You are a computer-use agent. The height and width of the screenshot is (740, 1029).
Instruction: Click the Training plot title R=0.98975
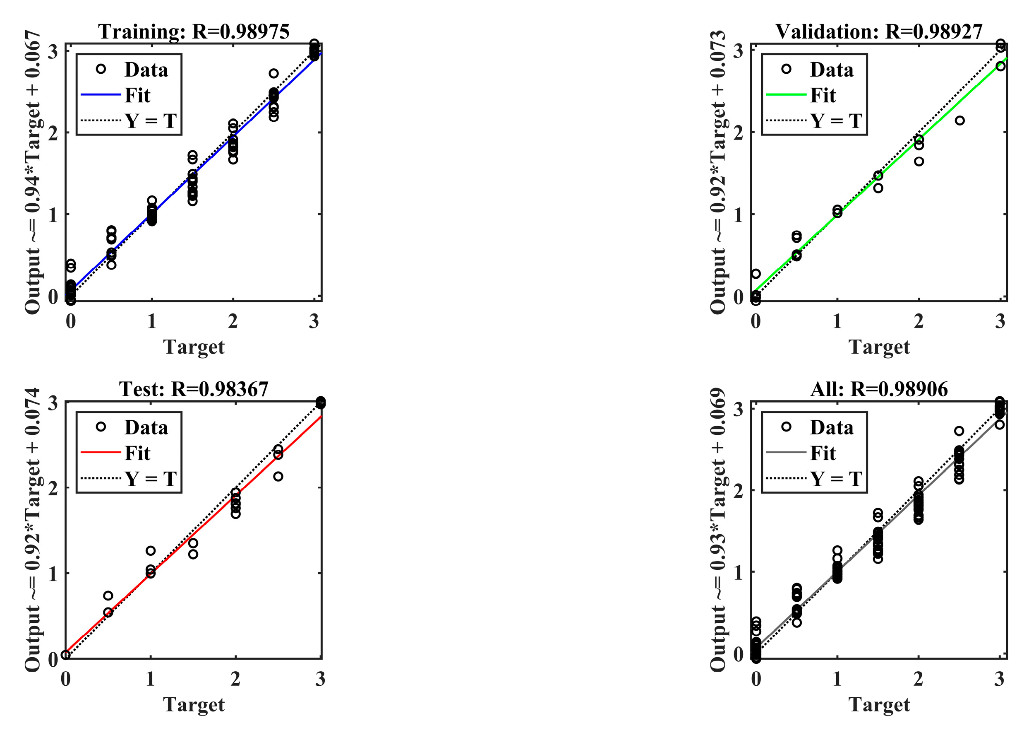click(x=194, y=31)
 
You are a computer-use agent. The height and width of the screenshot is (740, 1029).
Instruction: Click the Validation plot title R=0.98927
click(x=879, y=31)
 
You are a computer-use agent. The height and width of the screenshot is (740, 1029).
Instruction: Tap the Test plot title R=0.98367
click(x=194, y=389)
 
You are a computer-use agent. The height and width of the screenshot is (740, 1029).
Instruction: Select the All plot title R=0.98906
click(x=879, y=389)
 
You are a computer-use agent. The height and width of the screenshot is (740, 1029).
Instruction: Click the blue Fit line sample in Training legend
click(x=101, y=95)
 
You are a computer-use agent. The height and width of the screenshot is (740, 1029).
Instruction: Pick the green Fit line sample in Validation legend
click(x=786, y=95)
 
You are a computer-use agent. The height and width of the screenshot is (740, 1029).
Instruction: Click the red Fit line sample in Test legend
click(x=101, y=453)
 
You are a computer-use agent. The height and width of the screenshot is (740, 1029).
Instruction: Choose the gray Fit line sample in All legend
click(x=786, y=453)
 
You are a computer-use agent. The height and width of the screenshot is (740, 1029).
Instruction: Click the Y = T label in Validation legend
click(x=836, y=121)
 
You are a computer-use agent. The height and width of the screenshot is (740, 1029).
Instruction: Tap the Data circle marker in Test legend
click(x=101, y=427)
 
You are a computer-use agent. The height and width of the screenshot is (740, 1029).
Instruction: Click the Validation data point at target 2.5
click(x=959, y=121)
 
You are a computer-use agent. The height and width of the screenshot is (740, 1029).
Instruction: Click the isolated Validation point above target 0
click(x=756, y=274)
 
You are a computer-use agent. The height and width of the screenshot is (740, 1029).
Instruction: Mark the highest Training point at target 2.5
click(x=273, y=74)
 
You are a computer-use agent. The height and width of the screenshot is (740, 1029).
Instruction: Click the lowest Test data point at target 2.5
click(x=278, y=477)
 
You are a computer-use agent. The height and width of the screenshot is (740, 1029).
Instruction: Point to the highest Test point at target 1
click(x=151, y=551)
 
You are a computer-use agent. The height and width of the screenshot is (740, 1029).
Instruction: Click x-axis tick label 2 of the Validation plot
click(x=918, y=321)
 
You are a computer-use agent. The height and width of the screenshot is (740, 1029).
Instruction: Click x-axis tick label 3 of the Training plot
click(x=314, y=321)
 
